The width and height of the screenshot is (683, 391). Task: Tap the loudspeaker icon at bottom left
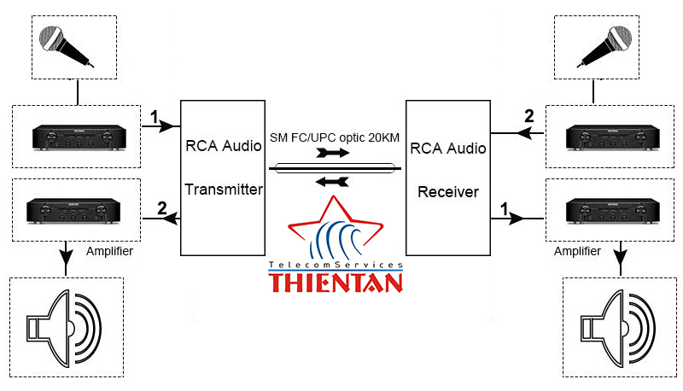point(65,327)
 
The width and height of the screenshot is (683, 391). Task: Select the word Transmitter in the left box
point(224,190)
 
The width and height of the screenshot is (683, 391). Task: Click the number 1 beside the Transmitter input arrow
point(154,115)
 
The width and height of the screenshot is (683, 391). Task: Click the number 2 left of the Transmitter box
point(161,207)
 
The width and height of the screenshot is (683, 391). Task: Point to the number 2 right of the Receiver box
point(528,115)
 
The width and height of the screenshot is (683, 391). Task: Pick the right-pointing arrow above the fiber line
point(331,154)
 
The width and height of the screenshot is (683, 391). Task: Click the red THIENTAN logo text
point(335,282)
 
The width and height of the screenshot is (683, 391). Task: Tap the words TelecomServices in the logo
point(335,266)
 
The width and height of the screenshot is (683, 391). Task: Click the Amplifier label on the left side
point(109,251)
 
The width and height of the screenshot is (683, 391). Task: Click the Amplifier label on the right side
point(576,251)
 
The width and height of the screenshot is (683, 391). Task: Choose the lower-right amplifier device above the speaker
point(615,208)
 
